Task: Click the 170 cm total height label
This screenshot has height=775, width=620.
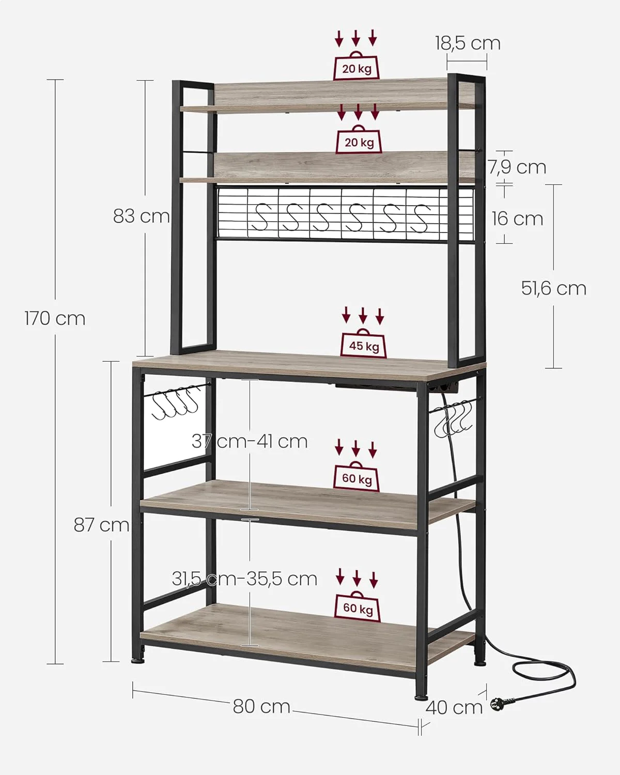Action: [x=55, y=319]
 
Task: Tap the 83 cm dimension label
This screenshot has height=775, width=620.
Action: [x=141, y=216]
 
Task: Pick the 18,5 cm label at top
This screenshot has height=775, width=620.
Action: [x=468, y=43]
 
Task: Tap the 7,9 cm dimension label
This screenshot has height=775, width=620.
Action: [x=517, y=167]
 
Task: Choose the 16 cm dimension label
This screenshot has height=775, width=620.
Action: [x=517, y=219]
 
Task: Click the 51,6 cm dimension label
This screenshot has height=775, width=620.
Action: [x=554, y=288]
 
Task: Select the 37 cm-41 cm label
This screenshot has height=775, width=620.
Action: [x=250, y=442]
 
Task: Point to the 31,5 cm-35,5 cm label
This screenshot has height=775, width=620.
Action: [x=244, y=579]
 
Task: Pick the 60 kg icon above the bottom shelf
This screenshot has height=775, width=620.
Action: [x=358, y=607]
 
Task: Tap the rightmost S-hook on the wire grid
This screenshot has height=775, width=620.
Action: [x=420, y=218]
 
